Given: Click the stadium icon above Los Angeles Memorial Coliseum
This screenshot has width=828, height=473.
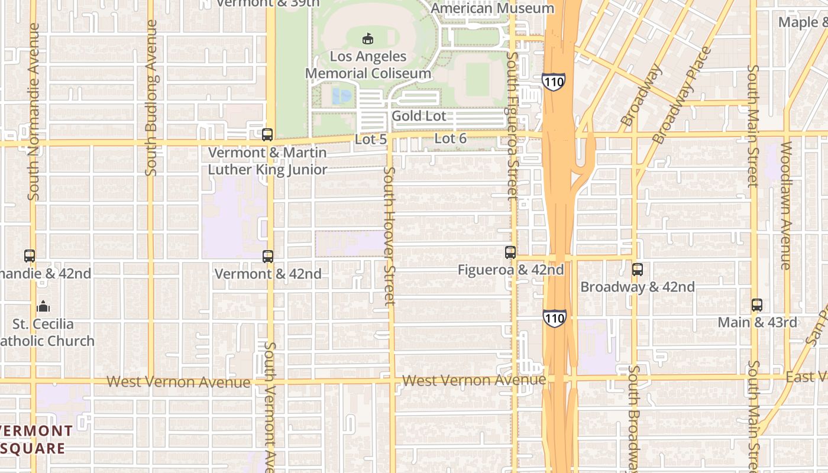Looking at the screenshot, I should pyautogui.click(x=368, y=38).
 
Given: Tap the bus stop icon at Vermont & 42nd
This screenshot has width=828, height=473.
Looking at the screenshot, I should pyautogui.click(x=268, y=256).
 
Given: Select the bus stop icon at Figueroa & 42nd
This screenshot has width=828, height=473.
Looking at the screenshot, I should pyautogui.click(x=510, y=252).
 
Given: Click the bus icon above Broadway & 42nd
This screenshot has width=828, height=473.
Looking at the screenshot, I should pyautogui.click(x=637, y=270).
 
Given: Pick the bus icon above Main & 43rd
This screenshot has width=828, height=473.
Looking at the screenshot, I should pyautogui.click(x=757, y=305).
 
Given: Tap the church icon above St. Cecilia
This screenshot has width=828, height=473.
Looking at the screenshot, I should pyautogui.click(x=43, y=306).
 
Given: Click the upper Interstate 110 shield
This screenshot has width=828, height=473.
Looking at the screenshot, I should pyautogui.click(x=554, y=81).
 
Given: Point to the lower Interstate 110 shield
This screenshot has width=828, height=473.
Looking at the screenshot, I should pyautogui.click(x=554, y=319).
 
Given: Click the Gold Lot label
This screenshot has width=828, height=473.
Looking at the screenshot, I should pyautogui.click(x=419, y=116).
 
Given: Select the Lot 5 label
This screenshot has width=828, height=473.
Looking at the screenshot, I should pyautogui.click(x=371, y=140).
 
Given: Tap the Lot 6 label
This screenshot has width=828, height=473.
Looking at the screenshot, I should pyautogui.click(x=451, y=139).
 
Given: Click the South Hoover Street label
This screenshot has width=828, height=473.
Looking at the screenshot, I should pyautogui.click(x=389, y=235).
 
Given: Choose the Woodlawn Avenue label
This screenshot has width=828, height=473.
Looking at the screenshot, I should pyautogui.click(x=786, y=205).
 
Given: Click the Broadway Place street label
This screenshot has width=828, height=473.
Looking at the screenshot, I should pyautogui.click(x=681, y=95).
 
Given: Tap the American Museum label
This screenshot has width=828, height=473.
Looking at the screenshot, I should pyautogui.click(x=492, y=8).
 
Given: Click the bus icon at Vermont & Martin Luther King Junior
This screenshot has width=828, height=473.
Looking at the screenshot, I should pyautogui.click(x=267, y=135).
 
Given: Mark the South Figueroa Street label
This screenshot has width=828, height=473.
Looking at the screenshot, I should pyautogui.click(x=512, y=125).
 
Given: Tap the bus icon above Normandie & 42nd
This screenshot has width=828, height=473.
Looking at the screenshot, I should pyautogui.click(x=30, y=256).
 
